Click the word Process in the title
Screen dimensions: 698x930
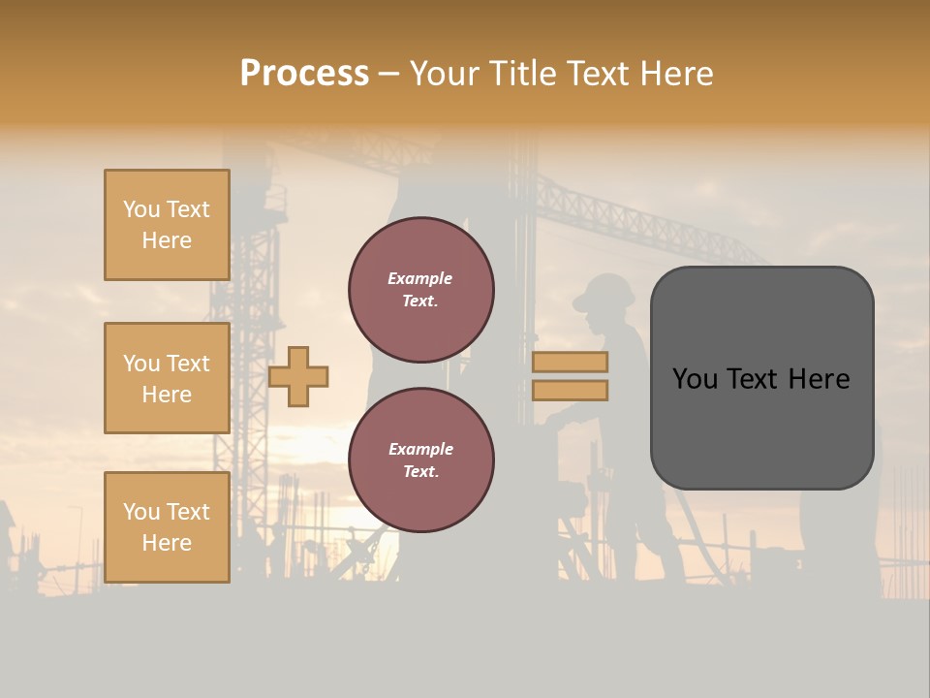(304, 74)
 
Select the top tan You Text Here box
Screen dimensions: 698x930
(167, 225)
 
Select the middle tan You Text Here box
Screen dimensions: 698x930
(167, 378)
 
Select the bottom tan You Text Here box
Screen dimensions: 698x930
(167, 527)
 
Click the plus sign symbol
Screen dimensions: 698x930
(298, 376)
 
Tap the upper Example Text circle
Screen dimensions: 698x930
(420, 290)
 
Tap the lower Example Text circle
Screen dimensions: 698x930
(420, 460)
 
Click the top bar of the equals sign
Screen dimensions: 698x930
(570, 362)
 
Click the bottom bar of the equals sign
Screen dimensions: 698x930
(570, 391)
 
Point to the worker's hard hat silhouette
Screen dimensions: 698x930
(603, 292)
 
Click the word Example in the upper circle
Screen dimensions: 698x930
(420, 279)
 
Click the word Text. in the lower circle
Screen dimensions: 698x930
(420, 472)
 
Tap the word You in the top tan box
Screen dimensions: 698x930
(141, 209)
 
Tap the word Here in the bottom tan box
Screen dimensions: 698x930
(167, 543)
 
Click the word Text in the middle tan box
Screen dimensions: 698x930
(188, 364)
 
